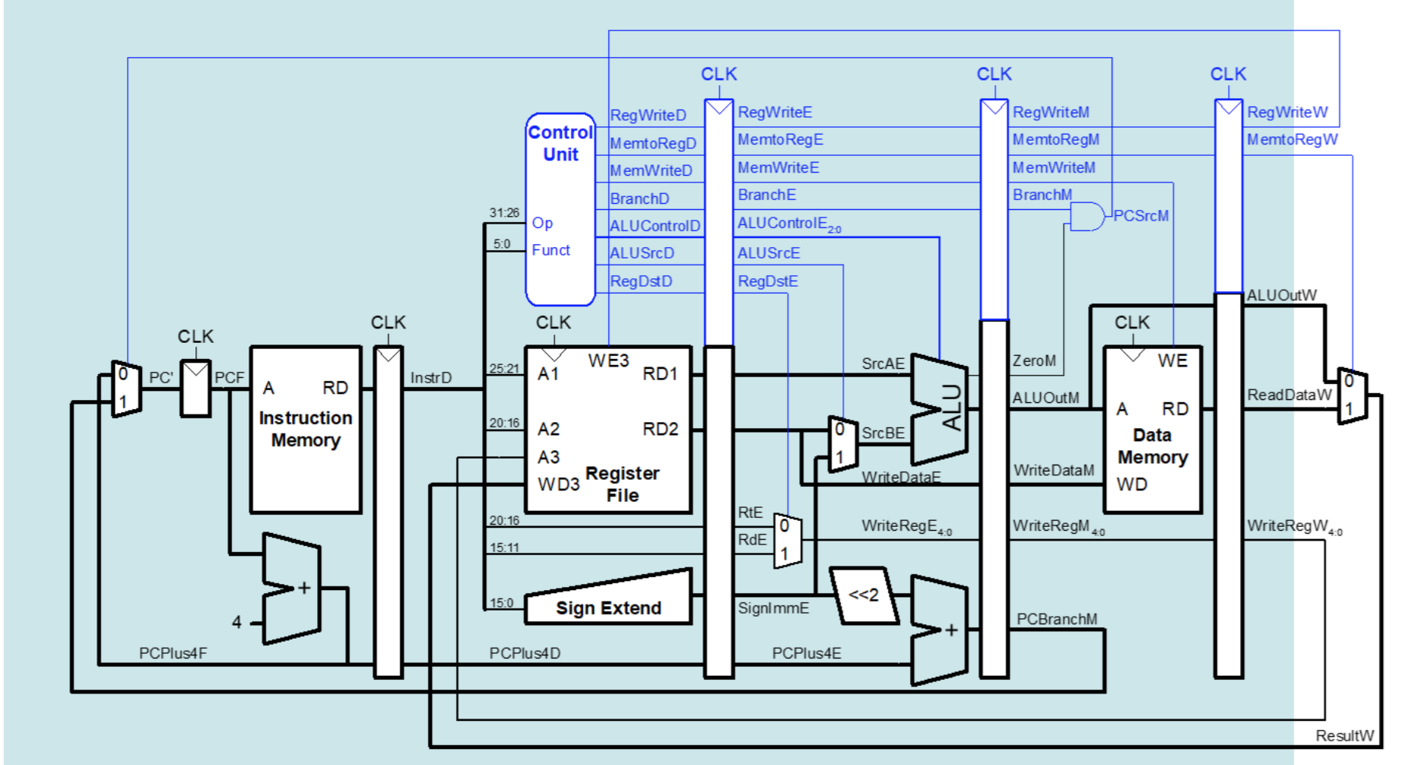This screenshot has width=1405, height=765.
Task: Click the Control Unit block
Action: pos(560,209)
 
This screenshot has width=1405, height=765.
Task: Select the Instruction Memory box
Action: pos(306,430)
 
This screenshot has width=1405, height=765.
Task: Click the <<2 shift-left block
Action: pos(863,595)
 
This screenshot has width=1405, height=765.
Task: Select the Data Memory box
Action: pos(1152,430)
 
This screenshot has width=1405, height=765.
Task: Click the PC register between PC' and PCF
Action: pos(195,389)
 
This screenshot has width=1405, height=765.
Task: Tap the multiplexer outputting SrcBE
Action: pos(842,444)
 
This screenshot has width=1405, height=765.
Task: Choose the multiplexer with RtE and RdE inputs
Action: pos(788,540)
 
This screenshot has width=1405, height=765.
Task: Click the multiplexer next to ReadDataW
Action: pos(1353,396)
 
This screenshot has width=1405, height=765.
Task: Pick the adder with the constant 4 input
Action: pos(291,589)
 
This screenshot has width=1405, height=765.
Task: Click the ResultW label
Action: pos(1344,735)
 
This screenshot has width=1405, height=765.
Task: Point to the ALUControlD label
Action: pos(654,226)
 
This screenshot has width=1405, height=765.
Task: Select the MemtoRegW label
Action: pos(1292,140)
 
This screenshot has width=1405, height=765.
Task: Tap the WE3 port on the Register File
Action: pos(607,360)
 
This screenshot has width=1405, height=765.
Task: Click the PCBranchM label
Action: pos(1057,619)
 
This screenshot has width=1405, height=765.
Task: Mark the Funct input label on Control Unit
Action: pos(550,250)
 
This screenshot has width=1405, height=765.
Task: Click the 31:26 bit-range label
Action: pos(504,213)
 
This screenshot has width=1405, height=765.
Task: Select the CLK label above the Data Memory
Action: pos(1132,322)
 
